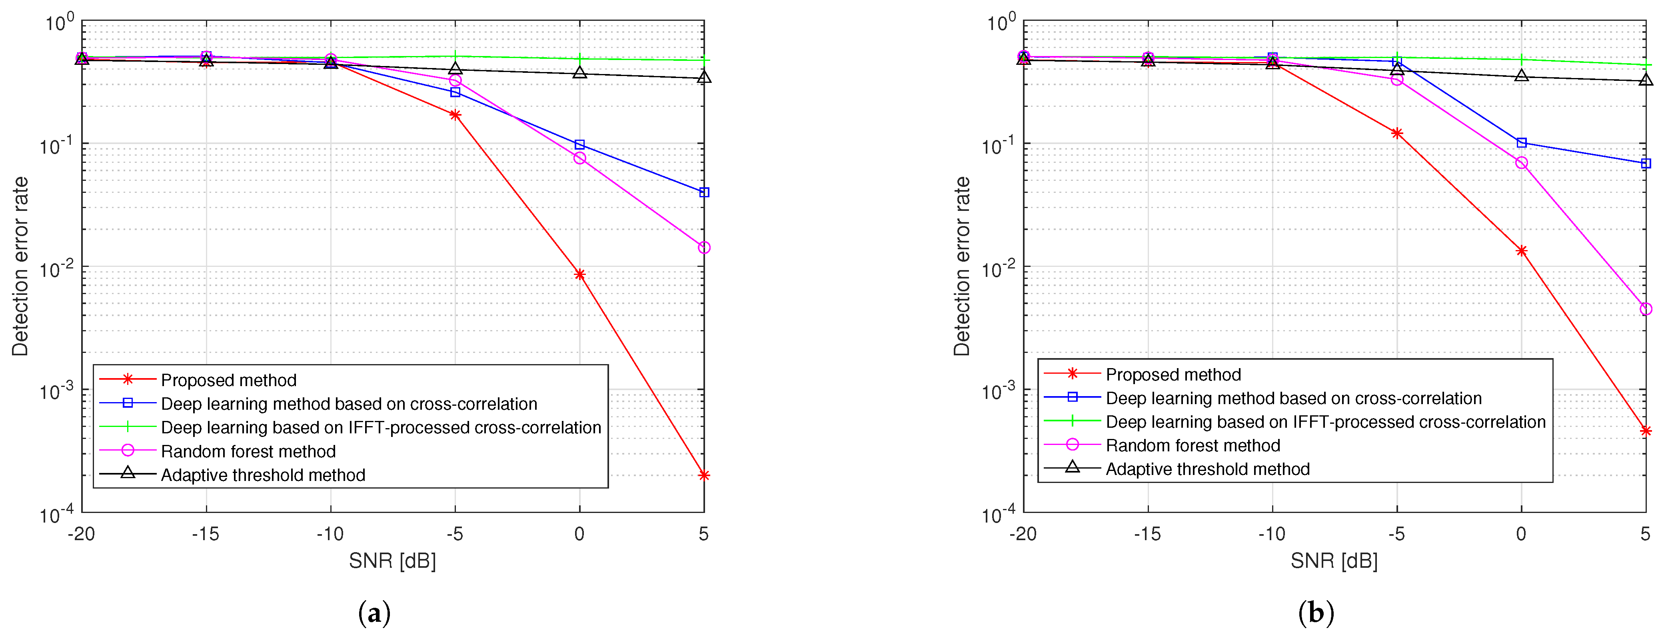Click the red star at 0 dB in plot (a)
pos(579,274)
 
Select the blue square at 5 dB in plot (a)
pos(704,192)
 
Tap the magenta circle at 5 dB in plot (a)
pos(704,247)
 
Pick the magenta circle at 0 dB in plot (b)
pos(1521,163)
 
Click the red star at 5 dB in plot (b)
pos(1645,431)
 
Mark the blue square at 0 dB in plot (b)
pos(1521,143)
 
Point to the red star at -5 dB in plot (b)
pos(1396,134)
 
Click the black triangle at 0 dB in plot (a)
pos(579,73)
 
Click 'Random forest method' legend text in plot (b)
pos(1193,446)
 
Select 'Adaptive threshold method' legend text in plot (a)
pos(263,475)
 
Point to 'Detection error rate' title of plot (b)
pos(962,266)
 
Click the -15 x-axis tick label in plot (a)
pos(206,534)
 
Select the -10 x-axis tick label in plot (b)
pos(1271,534)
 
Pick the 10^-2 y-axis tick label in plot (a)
pos(57,268)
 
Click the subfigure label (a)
pos(374,612)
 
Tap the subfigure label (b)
pos(1316,612)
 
